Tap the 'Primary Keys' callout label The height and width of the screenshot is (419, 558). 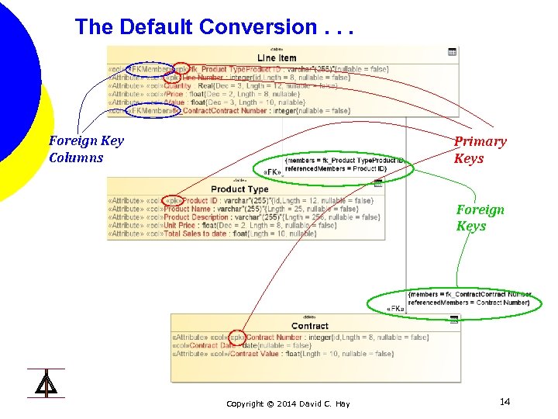[480, 150]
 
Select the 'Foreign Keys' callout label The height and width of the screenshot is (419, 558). [480, 217]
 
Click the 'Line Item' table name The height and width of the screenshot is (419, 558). [277, 58]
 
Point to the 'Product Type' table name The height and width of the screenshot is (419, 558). [239, 189]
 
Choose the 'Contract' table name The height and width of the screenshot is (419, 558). [310, 326]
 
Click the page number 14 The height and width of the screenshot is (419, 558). [505, 401]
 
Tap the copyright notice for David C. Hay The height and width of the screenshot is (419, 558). [288, 403]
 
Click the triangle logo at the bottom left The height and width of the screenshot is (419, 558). [46, 383]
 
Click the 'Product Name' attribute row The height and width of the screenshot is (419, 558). [232, 209]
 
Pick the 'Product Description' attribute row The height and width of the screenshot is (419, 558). [240, 217]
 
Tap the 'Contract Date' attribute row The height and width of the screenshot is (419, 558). [256, 345]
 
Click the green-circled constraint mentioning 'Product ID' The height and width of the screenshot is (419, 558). [345, 164]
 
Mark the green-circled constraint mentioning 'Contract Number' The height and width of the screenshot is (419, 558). [470, 298]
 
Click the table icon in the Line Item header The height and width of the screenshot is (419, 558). [453, 52]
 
